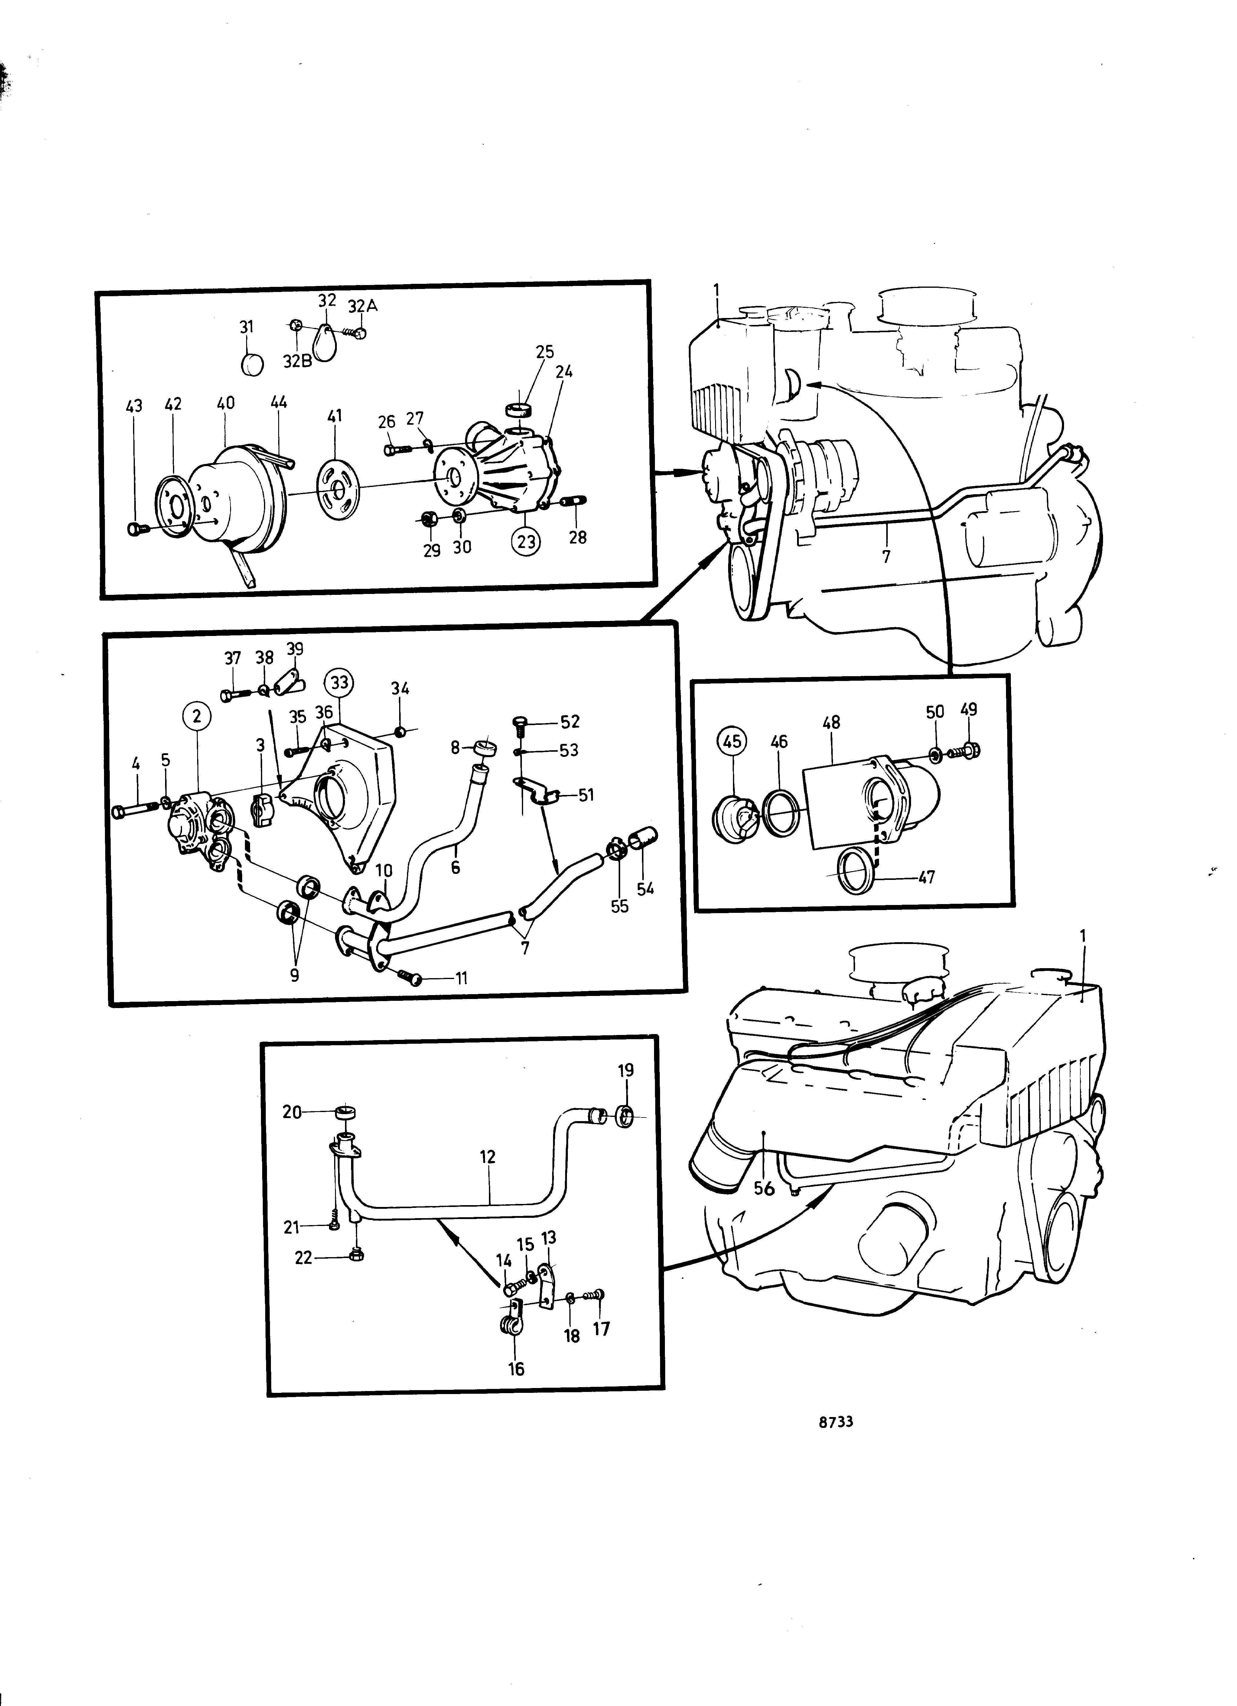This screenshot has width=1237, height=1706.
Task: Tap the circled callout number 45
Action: (732, 742)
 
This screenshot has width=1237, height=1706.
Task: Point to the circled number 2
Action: (197, 717)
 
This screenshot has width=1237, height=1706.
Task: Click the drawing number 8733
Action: (836, 1422)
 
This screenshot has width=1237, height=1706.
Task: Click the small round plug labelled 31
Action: (253, 365)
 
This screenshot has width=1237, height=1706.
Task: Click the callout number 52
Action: (570, 722)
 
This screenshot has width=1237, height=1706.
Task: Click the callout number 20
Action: (292, 1112)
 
